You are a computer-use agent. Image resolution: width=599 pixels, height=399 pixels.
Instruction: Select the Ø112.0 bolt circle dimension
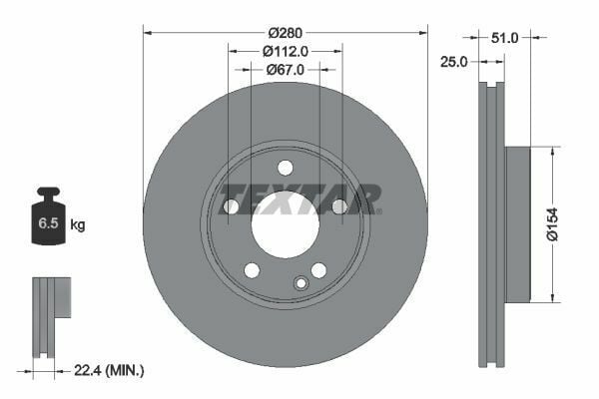point(286,51)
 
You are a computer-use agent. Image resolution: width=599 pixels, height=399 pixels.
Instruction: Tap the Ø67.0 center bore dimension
point(286,70)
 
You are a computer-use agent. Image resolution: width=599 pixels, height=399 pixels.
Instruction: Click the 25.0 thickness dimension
point(454,62)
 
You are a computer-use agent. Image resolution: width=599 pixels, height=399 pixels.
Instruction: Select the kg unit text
point(78,225)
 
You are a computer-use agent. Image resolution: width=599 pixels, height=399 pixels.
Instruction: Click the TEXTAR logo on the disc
point(299,199)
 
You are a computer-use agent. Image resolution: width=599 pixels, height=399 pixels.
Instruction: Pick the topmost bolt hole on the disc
point(286,167)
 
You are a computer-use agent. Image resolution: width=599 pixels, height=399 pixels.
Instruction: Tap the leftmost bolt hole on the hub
point(232,206)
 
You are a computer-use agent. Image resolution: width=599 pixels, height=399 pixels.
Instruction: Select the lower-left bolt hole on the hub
point(252,270)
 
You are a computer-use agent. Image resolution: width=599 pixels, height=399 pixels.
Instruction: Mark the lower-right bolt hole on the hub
point(318,270)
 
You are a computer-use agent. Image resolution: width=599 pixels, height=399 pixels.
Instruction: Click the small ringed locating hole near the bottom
point(300,283)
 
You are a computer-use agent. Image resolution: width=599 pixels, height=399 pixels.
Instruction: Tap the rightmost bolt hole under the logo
point(339,206)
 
